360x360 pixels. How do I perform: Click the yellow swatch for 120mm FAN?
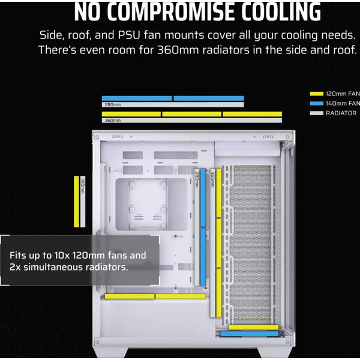tap(316, 94)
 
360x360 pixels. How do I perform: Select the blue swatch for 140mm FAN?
tap(316, 103)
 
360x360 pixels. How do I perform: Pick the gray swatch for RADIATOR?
tap(316, 113)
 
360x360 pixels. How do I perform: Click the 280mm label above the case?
tap(113, 104)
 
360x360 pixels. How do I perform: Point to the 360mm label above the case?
tap(113, 121)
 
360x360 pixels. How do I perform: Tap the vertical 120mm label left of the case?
tap(83, 185)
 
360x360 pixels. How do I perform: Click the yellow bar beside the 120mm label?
tap(76, 202)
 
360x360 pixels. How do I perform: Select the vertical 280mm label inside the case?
tap(197, 179)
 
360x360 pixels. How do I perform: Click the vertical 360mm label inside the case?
tap(212, 179)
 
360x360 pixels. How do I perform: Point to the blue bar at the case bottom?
tap(250, 334)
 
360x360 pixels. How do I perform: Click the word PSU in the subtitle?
tap(129, 35)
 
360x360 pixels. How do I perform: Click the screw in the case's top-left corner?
tap(97, 137)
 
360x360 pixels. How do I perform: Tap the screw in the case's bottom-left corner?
tap(97, 343)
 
